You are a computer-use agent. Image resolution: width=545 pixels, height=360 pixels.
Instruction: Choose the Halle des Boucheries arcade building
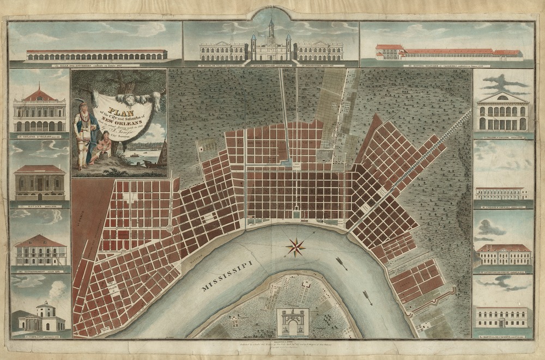(x=96, y=55)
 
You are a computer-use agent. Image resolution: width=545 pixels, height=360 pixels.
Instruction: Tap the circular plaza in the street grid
(x=169, y=227)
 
